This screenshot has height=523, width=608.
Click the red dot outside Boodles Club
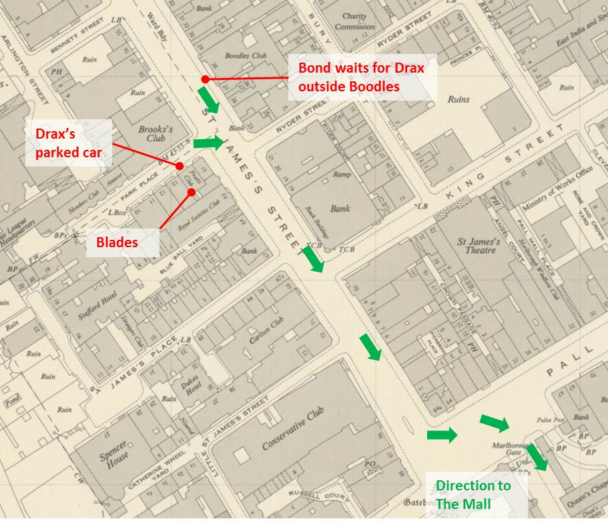pos(206,79)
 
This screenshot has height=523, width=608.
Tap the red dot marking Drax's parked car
pos(180,166)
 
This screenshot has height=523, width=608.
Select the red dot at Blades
pos(192,193)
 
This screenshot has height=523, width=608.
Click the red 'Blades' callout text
pos(112,242)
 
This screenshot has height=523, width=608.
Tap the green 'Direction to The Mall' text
pos(473,494)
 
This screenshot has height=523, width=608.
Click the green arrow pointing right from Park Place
pos(209,143)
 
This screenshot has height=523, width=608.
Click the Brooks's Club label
pos(156,134)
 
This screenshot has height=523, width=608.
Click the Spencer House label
pos(113,456)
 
